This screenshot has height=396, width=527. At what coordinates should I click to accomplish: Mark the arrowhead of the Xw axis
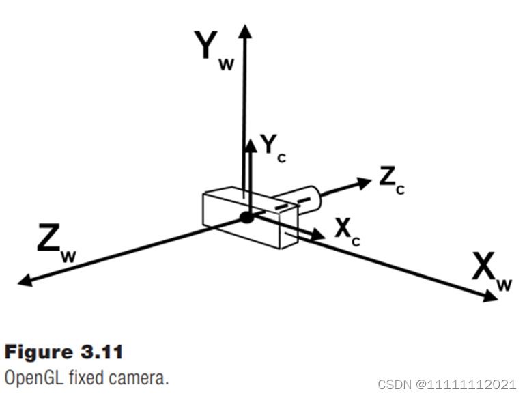tap(491, 297)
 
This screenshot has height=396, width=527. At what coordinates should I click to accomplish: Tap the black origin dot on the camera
tap(246, 218)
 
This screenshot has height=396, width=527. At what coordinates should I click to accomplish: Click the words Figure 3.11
tap(63, 352)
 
